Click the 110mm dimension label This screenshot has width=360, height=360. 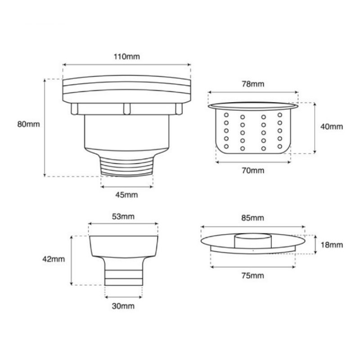pos(127,57)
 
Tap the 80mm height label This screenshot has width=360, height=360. pos(29,124)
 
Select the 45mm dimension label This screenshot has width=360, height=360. pos(126,195)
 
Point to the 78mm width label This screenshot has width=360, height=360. pos(253,84)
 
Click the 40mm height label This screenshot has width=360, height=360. pos(332,126)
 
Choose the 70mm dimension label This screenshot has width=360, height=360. pos(253,171)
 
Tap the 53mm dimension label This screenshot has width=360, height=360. pos(123,216)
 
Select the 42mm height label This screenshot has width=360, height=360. pos(54,259)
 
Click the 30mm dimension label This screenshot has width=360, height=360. pos(123,306)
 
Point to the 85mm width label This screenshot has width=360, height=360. pos(252,218)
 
